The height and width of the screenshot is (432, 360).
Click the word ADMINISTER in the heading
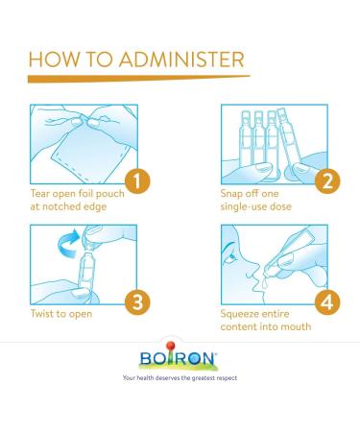[x=181, y=60]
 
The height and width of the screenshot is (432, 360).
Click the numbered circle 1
[x=137, y=181]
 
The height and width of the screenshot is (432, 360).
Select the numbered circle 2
[x=327, y=181]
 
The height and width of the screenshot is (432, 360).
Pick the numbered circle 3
[x=137, y=301]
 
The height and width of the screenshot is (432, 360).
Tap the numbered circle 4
[x=327, y=301]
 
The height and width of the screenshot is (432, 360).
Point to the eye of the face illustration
[x=231, y=256]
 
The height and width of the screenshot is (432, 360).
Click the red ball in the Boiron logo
[x=171, y=346]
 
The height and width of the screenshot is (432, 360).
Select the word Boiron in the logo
[x=179, y=358]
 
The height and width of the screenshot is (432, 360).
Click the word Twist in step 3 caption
[x=42, y=314]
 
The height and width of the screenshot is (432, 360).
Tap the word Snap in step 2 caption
[x=231, y=194]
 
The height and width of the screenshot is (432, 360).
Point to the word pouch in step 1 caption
[x=110, y=194]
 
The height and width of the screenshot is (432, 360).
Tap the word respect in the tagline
[x=227, y=378]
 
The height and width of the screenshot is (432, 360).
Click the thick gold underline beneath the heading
[x=138, y=79]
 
